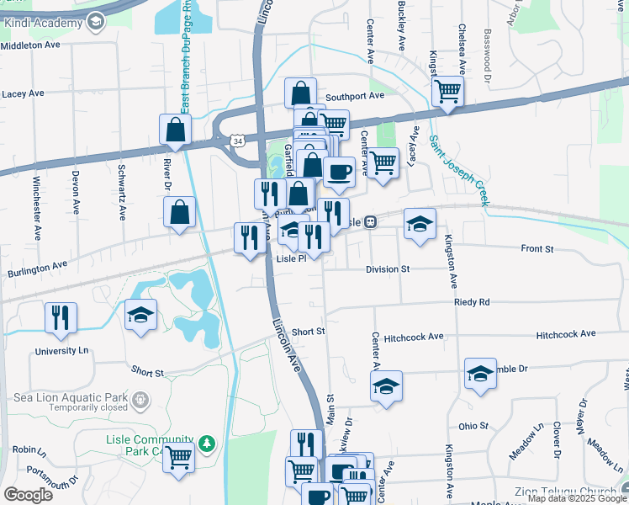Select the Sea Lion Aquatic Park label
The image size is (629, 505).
click(64, 397)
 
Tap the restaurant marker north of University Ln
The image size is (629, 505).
click(61, 317)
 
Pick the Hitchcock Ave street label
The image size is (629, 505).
click(413, 337)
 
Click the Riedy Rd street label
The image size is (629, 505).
click(472, 301)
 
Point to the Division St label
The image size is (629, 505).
click(387, 269)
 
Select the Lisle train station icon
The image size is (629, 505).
click(371, 222)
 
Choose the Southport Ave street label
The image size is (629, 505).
click(354, 96)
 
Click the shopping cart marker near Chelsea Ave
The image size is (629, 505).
click(448, 91)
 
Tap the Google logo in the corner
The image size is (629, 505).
click(28, 495)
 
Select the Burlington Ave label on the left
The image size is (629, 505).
click(37, 264)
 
